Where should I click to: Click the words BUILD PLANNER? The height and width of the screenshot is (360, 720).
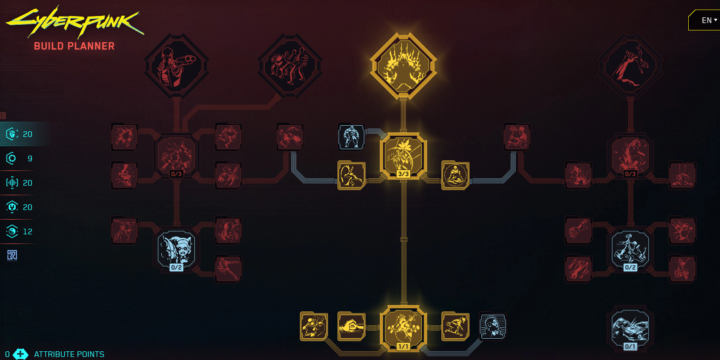[74, 46]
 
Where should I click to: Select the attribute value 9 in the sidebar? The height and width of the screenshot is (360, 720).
[30, 159]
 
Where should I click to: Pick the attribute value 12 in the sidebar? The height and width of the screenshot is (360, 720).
[27, 232]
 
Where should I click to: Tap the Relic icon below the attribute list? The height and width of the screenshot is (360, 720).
[12, 256]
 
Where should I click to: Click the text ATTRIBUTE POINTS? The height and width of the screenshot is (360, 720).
[69, 354]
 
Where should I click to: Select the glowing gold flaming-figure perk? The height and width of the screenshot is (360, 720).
[403, 67]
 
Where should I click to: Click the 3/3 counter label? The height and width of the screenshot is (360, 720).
[403, 174]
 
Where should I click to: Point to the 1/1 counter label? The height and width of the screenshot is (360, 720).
[403, 347]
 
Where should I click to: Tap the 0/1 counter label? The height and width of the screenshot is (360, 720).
[630, 347]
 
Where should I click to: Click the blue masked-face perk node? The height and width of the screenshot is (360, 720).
[177, 249]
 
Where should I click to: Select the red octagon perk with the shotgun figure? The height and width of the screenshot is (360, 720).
[177, 67]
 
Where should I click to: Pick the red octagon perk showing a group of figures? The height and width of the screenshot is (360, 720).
[290, 67]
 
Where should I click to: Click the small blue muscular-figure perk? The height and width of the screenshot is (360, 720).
[351, 137]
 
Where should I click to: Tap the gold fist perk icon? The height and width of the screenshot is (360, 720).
[351, 326]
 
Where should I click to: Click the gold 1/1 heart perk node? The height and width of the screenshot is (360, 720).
[403, 327]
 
